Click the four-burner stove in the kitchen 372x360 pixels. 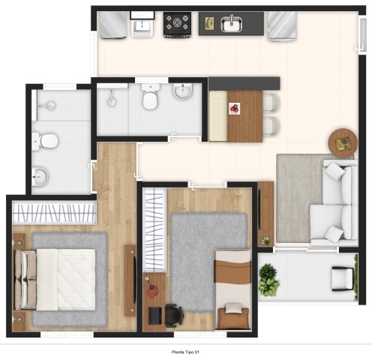178,25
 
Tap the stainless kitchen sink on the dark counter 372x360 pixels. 232,24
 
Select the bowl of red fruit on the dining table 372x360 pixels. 235,109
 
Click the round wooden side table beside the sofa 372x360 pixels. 343,143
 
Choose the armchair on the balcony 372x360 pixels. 343,279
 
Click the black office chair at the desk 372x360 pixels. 174,316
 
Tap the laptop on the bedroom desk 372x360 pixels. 155,315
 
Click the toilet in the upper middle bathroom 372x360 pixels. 150,97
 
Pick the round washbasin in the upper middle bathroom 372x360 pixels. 183,91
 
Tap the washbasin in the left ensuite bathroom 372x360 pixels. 40,176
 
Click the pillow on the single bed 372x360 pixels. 233,307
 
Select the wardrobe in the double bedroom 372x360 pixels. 54,212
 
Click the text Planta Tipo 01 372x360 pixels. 185,352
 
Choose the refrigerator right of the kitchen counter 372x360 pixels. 282,26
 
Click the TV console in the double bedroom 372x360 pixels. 130,280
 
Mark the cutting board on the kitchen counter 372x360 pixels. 209,23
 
